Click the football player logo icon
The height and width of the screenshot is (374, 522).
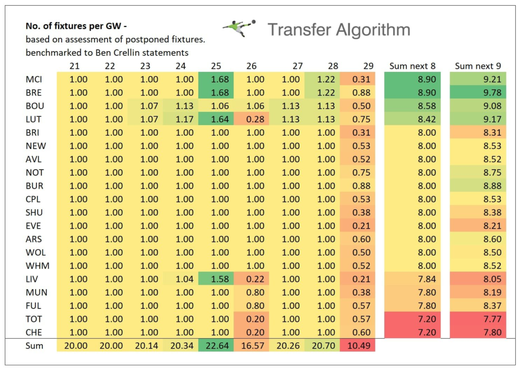coord(239,28)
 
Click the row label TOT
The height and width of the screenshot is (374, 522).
coord(34,319)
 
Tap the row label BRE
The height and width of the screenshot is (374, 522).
coord(34,92)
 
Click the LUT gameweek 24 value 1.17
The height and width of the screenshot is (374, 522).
coord(185,119)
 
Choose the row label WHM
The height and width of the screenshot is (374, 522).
coord(35,265)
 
